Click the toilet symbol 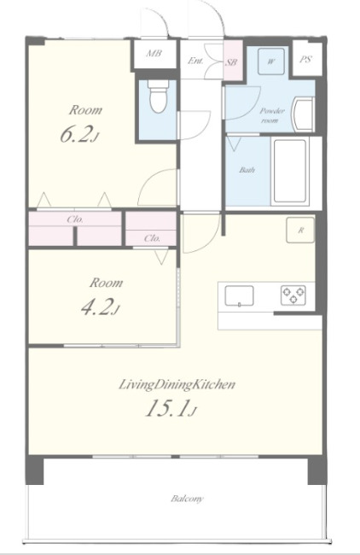click(158, 96)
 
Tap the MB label click(154, 54)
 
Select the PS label click(306, 59)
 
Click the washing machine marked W click(271, 61)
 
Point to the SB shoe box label click(231, 62)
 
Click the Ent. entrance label click(195, 61)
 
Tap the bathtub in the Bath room click(290, 172)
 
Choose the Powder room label click(272, 115)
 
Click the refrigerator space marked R click(300, 230)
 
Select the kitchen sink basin click(240, 295)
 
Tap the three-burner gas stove click(293, 295)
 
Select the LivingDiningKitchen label click(177, 384)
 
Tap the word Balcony click(188, 499)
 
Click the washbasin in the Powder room click(303, 114)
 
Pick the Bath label click(247, 170)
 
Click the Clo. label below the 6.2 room click(75, 219)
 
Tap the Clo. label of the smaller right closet click(153, 238)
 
